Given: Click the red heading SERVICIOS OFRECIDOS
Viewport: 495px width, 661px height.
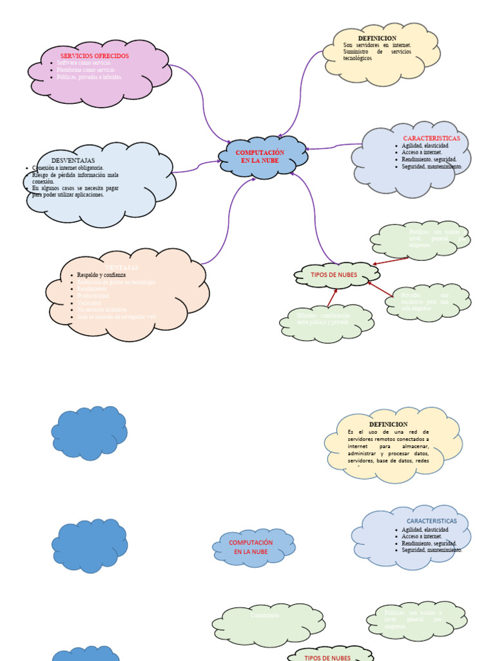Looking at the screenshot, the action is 95,56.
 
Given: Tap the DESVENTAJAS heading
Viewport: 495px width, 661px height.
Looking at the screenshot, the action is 73,160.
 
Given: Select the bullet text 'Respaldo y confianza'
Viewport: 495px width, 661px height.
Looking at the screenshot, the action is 101,275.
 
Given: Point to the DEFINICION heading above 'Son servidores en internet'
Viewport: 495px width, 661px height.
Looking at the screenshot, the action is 377,39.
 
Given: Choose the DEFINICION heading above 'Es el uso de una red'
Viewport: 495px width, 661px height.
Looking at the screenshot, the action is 388,424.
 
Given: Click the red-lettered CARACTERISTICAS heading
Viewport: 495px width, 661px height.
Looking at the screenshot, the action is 431,139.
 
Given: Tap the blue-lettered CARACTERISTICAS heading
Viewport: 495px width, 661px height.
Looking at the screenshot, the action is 431,521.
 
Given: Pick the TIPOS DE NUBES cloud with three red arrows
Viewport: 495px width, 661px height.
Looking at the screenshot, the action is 334,275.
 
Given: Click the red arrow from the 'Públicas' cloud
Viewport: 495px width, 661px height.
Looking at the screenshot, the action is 391,261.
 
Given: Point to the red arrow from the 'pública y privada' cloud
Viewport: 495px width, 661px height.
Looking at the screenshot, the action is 331,297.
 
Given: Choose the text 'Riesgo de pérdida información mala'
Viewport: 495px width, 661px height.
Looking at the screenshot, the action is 75,175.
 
